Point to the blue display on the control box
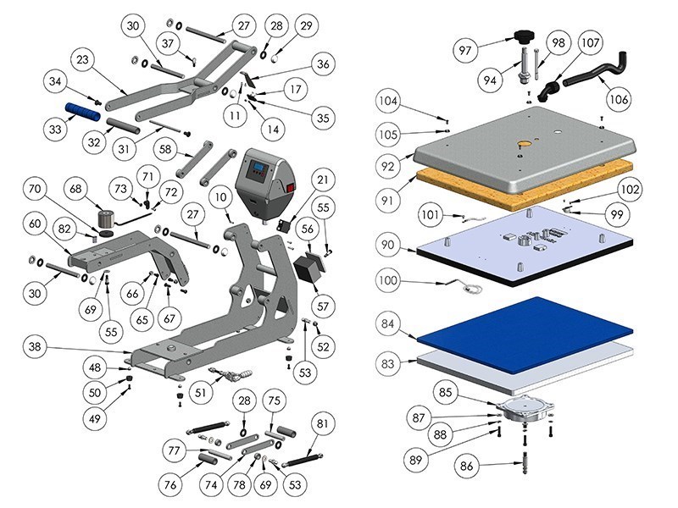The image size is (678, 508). pyautogui.click(x=257, y=173)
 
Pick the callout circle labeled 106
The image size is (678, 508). pyautogui.click(x=619, y=100)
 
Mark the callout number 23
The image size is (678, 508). pyautogui.click(x=83, y=60)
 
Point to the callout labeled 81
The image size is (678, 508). pyautogui.click(x=321, y=424)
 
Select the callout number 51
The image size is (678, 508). pyautogui.click(x=200, y=392)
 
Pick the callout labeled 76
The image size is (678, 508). pyautogui.click(x=172, y=485)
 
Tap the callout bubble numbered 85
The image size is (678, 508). pyautogui.click(x=446, y=392)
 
